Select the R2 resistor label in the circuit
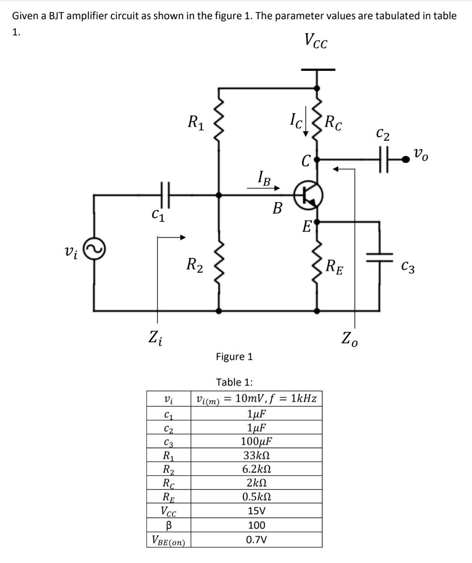click(194, 264)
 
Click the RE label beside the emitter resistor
click(335, 266)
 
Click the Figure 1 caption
click(234, 356)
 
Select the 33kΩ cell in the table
click(256, 455)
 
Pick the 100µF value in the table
click(257, 441)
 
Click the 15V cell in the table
click(256, 511)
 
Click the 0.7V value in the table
click(256, 539)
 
